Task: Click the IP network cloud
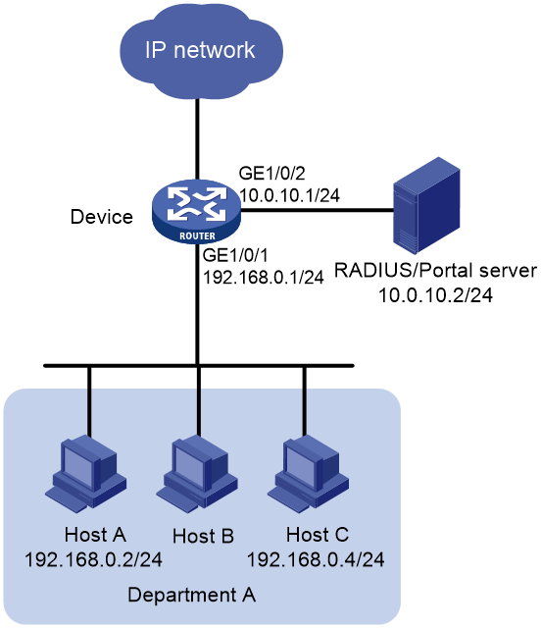(x=201, y=51)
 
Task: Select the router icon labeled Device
(x=196, y=212)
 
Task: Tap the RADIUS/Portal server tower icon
(x=426, y=205)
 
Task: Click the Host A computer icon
(x=85, y=474)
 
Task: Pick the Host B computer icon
(x=197, y=474)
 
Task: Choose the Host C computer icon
(x=308, y=474)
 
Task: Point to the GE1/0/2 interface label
(x=272, y=174)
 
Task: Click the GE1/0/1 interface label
(x=235, y=255)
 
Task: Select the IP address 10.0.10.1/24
(x=290, y=195)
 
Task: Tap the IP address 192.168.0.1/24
(x=264, y=277)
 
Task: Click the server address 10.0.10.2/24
(x=435, y=295)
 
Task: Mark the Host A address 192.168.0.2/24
(x=93, y=559)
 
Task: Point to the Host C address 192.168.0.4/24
(x=316, y=559)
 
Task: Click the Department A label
(x=192, y=595)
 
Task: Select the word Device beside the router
(x=102, y=217)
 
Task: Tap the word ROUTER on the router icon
(x=197, y=236)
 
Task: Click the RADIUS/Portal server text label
(x=435, y=271)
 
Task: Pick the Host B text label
(x=203, y=537)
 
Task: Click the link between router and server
(x=318, y=209)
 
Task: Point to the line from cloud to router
(x=197, y=139)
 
